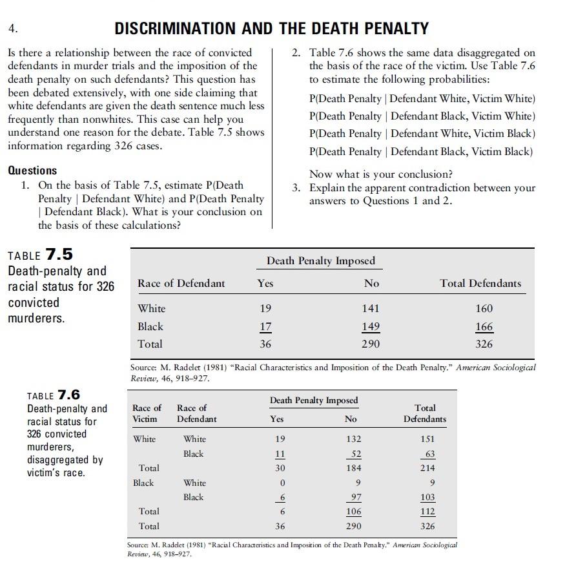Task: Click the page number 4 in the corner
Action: [12, 29]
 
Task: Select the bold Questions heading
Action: [32, 171]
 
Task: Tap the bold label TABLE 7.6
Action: [54, 395]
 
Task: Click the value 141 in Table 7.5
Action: [371, 309]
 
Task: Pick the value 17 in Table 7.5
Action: [265, 326]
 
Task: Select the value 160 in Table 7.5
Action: [484, 309]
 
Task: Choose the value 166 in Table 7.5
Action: [484, 326]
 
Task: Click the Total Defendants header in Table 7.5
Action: [480, 283]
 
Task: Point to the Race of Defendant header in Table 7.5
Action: [181, 283]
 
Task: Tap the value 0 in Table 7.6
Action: [280, 483]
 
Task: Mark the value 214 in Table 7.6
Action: [427, 468]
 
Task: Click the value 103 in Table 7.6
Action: [427, 498]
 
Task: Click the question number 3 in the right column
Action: [296, 188]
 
